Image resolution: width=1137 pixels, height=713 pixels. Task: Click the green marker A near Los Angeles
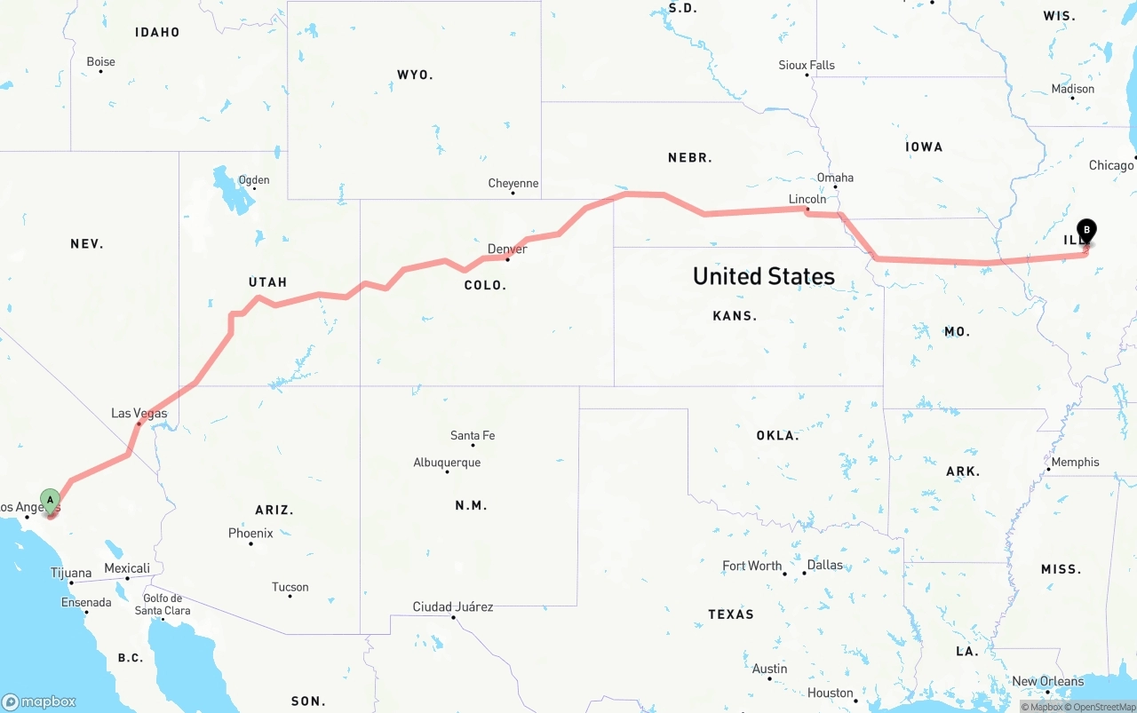51,500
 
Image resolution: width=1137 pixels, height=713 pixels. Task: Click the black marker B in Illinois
1086,229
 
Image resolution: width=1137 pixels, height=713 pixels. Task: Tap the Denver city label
507,249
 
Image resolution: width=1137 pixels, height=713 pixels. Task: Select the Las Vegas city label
139,413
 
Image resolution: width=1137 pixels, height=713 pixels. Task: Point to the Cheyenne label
513,184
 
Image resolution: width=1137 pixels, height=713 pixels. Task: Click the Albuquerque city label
447,463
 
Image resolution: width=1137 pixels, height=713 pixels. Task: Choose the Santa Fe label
473,436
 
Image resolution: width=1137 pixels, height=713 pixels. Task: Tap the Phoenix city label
250,534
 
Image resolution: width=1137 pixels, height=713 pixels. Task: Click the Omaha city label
835,178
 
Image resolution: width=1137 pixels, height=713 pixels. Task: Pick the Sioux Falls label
807,65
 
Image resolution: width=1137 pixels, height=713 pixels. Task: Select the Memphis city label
1075,463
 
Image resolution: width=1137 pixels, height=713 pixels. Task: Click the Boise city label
100,62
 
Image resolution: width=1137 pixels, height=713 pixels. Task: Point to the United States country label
763,276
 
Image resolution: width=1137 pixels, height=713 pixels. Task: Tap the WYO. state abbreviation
415,75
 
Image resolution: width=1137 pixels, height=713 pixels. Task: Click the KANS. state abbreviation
734,316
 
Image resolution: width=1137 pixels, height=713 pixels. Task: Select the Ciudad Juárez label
452,607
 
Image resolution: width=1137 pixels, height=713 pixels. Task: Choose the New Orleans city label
1048,682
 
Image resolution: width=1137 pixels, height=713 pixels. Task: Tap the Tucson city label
290,587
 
